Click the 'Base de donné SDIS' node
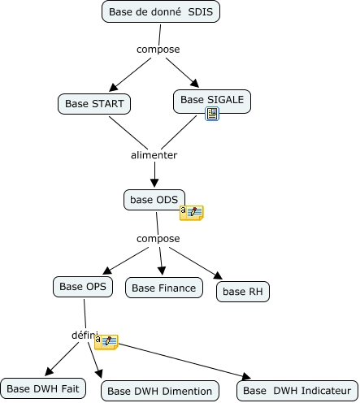click(161, 11)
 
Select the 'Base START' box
click(94, 104)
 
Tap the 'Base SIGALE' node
click(212, 102)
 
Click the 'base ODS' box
click(154, 200)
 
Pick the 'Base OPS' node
click(83, 287)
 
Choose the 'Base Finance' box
click(164, 288)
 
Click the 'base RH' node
click(243, 292)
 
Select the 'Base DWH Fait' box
click(43, 388)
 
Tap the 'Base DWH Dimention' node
click(160, 391)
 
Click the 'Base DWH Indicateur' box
click(297, 391)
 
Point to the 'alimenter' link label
click(154, 155)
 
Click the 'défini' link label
click(84, 335)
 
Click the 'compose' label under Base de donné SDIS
click(158, 50)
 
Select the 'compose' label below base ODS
click(158, 239)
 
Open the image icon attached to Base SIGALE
click(212, 114)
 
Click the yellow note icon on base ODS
click(192, 213)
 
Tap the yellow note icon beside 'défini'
click(106, 342)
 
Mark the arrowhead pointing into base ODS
click(154, 183)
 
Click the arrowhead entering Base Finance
click(162, 271)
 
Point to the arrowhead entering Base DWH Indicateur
click(246, 376)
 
